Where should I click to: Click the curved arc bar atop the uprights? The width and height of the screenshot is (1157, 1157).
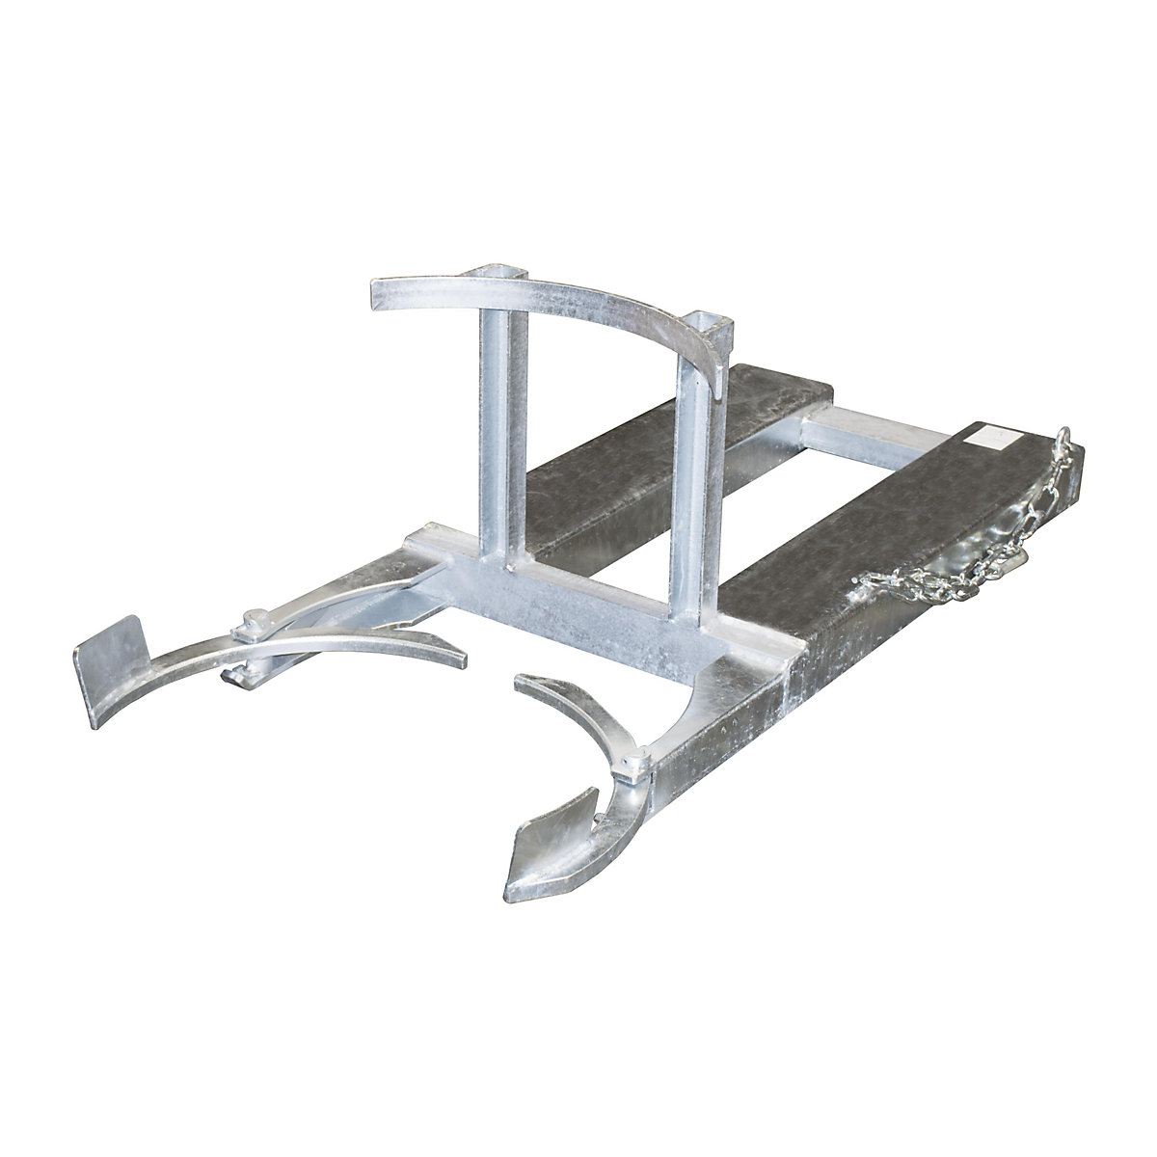578,309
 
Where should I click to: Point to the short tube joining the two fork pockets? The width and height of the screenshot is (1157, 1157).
848,434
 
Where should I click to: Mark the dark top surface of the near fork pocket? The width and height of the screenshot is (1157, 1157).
868,540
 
